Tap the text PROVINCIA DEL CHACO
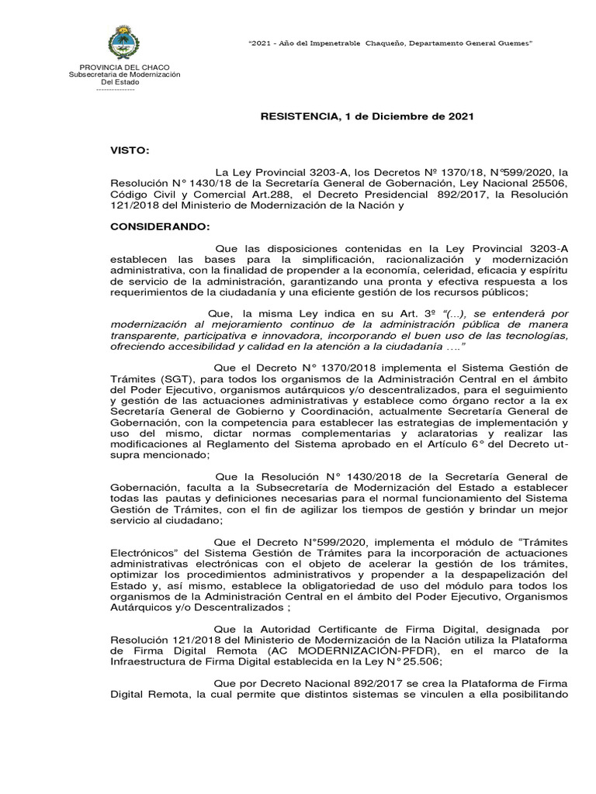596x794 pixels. pos(124,67)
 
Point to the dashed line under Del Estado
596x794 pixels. pos(115,89)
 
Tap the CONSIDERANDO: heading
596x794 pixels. pos(160,226)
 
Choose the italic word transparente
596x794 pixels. pos(143,336)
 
